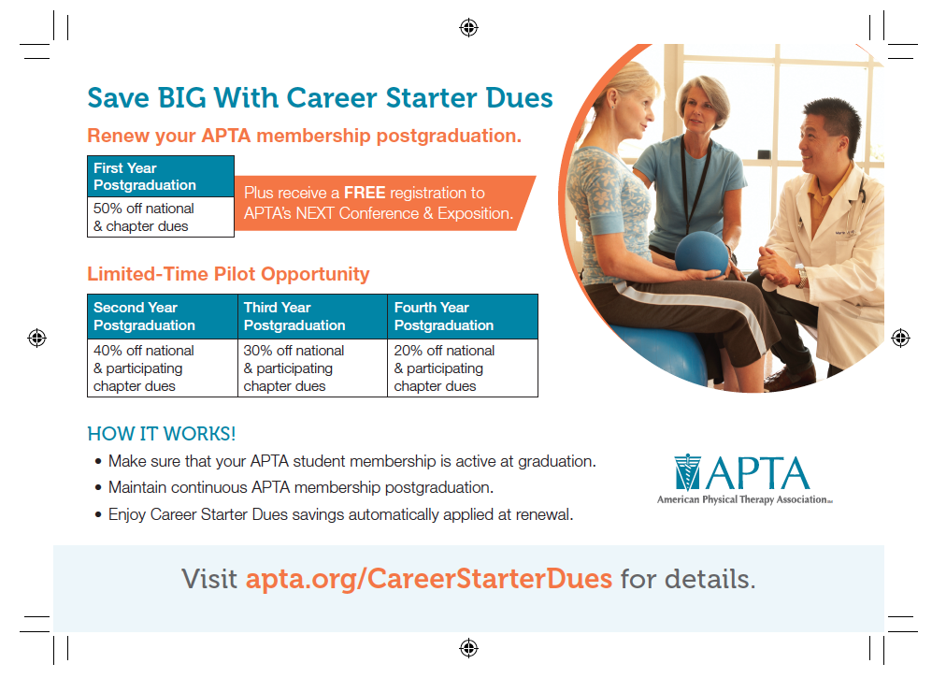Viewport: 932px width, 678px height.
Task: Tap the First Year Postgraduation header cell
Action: [x=160, y=177]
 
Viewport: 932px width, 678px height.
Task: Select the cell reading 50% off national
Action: [x=160, y=217]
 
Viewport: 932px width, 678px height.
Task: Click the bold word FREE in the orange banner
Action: [x=365, y=194]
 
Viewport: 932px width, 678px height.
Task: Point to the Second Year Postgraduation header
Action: [x=162, y=316]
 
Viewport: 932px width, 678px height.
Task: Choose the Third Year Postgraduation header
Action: [x=312, y=316]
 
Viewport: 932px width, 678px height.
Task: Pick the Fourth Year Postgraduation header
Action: [x=463, y=316]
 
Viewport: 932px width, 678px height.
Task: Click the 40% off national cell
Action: [x=162, y=368]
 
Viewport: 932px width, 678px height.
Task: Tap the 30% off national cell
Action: [x=312, y=368]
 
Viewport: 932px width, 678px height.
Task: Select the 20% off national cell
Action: [x=463, y=368]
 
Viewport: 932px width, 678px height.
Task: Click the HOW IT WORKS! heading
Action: [x=161, y=434]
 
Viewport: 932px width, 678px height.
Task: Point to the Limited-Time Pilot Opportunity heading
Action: [x=228, y=274]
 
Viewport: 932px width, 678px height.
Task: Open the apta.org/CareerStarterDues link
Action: [x=428, y=579]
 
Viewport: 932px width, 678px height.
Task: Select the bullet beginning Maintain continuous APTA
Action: [x=300, y=488]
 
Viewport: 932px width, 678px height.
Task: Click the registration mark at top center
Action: [x=468, y=28]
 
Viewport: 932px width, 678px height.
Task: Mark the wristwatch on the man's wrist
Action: [x=800, y=278]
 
